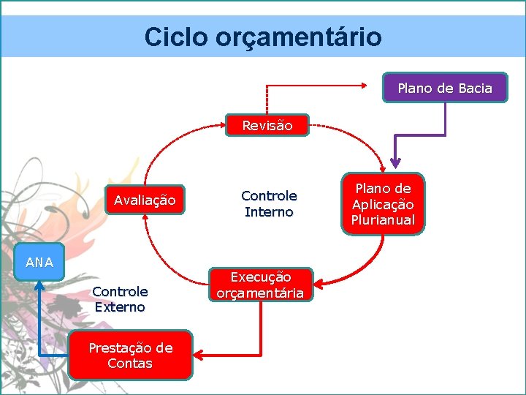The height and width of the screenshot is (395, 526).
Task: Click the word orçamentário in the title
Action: click(298, 37)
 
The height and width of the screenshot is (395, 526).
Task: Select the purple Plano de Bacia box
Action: click(444, 89)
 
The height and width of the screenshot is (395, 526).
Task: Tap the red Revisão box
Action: click(267, 125)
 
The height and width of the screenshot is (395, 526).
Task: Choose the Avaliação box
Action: click(145, 200)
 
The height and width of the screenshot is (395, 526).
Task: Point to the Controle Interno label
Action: click(269, 204)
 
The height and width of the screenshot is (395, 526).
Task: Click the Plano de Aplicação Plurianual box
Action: click(382, 204)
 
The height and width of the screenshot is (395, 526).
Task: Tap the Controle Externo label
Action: click(120, 299)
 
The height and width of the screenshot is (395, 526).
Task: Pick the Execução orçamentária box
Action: click(262, 285)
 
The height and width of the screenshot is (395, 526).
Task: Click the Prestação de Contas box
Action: click(130, 355)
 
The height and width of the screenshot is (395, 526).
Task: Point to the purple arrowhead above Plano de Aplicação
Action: click(395, 163)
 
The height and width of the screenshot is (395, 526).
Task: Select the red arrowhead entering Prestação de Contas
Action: click(199, 355)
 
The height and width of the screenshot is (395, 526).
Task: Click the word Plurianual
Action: click(382, 220)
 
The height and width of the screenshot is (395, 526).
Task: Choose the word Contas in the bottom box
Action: click(130, 364)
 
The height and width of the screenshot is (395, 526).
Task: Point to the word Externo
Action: click(120, 307)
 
